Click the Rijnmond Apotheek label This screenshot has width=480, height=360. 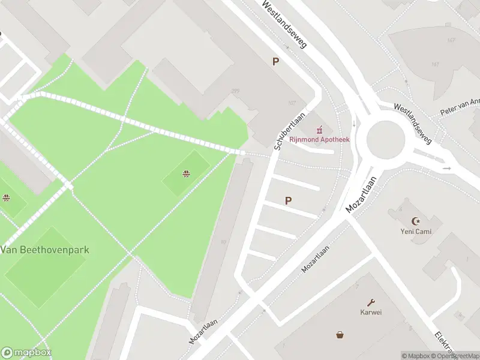click(319, 139)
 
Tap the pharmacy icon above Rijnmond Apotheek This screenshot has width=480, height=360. click(320, 128)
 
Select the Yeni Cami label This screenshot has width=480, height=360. click(416, 231)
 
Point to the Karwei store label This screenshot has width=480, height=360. click(371, 312)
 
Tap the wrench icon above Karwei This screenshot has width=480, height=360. click(371, 302)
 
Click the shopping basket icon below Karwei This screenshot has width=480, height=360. click(340, 334)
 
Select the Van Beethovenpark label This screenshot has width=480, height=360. click(45, 249)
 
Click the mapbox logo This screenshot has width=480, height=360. click(26, 353)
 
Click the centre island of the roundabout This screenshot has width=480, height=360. click(386, 139)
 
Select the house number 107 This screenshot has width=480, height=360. click(292, 103)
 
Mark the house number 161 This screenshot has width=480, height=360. click(436, 64)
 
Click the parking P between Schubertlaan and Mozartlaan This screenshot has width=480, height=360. click(289, 201)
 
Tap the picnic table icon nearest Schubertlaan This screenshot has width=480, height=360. click(187, 174)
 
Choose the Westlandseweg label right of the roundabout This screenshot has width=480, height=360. click(413, 123)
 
